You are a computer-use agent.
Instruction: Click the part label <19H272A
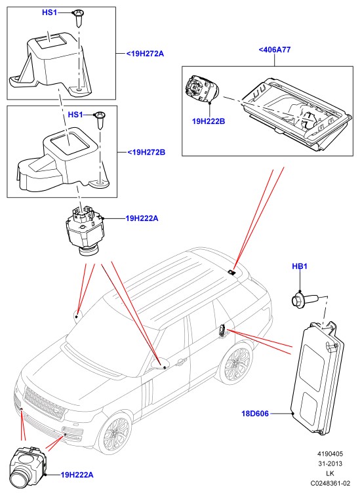(x=146, y=54)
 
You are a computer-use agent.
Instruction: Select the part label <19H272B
(x=146, y=153)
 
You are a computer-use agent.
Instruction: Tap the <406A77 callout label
(x=274, y=50)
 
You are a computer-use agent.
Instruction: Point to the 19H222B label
(x=209, y=121)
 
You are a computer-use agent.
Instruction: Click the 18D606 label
(x=255, y=413)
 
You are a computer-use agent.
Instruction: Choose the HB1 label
(x=300, y=266)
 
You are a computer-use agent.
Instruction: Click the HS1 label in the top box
(x=50, y=12)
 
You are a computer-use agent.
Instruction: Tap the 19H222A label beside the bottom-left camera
(x=77, y=475)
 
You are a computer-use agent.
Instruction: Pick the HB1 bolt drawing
(x=305, y=299)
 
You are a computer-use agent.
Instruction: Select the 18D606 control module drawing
(x=317, y=378)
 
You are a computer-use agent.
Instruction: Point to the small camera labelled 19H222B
(x=201, y=89)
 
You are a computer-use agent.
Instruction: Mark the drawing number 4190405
(x=330, y=454)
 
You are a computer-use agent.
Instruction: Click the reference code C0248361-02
(x=330, y=483)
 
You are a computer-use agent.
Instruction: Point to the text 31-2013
(x=330, y=464)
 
